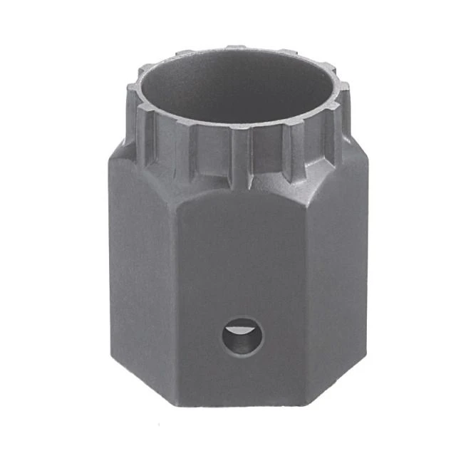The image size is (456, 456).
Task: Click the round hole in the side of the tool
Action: tap(241, 336)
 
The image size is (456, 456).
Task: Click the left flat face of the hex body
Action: tap(142, 285)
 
